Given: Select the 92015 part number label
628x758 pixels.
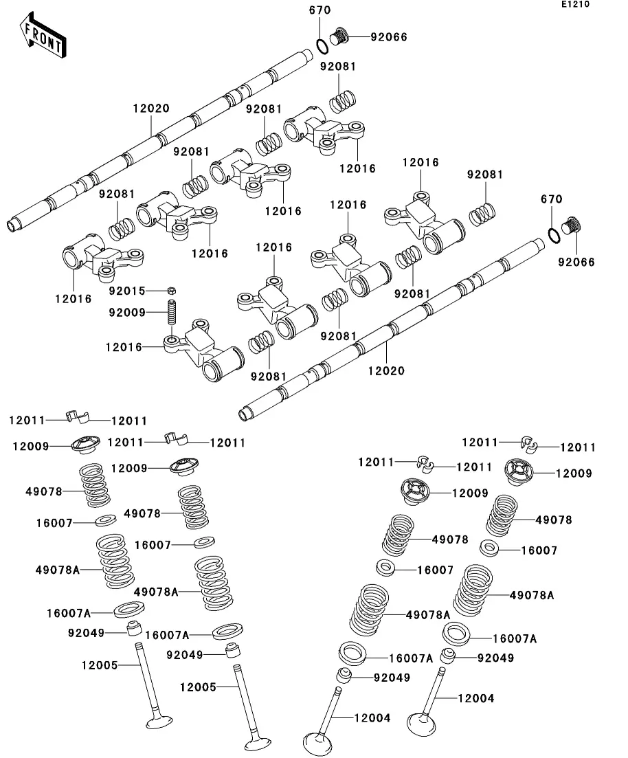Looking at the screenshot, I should click(x=127, y=291).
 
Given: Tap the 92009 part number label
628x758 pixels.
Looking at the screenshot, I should click(x=127, y=313).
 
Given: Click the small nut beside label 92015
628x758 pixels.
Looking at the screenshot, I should click(x=172, y=291).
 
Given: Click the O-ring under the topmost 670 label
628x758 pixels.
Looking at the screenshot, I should click(x=322, y=45).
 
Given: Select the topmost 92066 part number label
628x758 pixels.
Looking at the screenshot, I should click(x=389, y=37).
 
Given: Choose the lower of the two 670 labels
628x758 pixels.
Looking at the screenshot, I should click(x=552, y=199).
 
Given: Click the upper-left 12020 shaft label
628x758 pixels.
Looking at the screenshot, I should click(x=151, y=109).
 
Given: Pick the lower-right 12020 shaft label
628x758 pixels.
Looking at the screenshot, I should click(x=386, y=371).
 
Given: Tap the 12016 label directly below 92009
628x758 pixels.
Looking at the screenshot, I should click(x=124, y=348).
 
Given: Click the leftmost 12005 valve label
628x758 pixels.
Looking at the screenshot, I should click(x=100, y=665).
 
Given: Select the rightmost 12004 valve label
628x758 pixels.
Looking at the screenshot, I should click(x=475, y=698).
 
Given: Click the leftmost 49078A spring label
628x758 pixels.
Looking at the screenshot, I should click(x=58, y=569).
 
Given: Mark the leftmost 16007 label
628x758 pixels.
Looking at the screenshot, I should click(x=55, y=523).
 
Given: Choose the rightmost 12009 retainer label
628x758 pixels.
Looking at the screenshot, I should click(x=574, y=473).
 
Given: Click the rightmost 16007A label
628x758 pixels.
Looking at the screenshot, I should click(x=515, y=638).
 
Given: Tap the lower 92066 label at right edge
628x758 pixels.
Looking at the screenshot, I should click(x=576, y=263).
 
